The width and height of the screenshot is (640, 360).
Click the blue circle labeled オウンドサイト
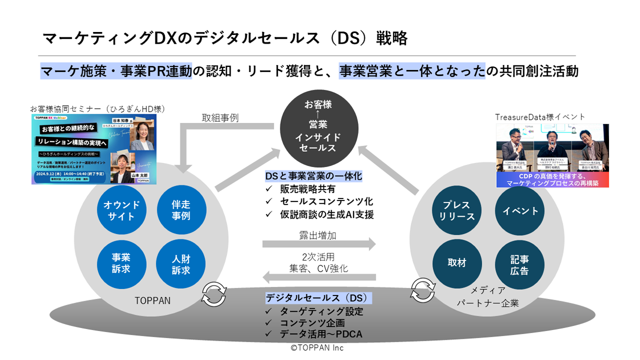[122, 210]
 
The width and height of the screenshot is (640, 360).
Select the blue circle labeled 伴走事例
[181, 210]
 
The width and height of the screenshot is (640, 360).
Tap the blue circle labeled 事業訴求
[122, 263]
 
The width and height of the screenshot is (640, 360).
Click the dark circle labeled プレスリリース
[456, 211]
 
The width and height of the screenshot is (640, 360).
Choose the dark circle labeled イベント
[520, 211]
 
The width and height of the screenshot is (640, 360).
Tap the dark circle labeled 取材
[456, 263]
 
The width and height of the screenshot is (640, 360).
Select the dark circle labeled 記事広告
[520, 264]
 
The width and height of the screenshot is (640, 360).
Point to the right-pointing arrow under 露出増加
[319, 244]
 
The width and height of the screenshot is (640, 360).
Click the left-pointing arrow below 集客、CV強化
[319, 277]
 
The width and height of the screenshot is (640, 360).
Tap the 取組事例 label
[220, 118]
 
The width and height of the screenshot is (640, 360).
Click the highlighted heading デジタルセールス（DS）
[319, 298]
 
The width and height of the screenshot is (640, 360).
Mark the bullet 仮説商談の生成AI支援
[326, 214]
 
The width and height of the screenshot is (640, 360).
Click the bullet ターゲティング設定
[321, 311]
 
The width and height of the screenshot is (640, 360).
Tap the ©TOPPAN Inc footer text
[317, 348]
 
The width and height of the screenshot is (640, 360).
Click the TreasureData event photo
[552, 155]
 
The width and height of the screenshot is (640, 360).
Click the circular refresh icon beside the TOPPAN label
[214, 294]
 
